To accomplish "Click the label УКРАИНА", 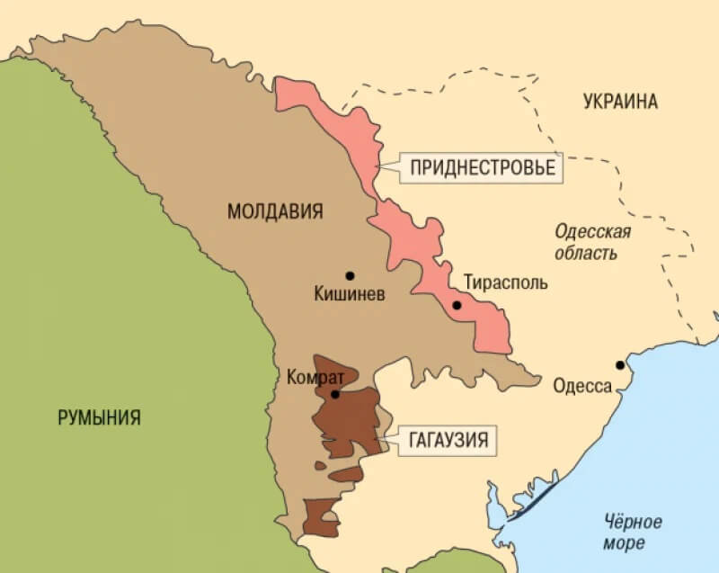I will click(619, 101).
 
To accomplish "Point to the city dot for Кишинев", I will click(349, 275).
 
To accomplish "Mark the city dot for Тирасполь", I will click(457, 305).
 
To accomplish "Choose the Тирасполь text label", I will click(504, 282).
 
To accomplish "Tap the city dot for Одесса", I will click(619, 364).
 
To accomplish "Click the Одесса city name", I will click(581, 387).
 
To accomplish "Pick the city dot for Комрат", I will click(334, 394).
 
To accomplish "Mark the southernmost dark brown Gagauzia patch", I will click(319, 515).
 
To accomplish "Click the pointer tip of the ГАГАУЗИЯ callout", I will click(382, 440).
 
